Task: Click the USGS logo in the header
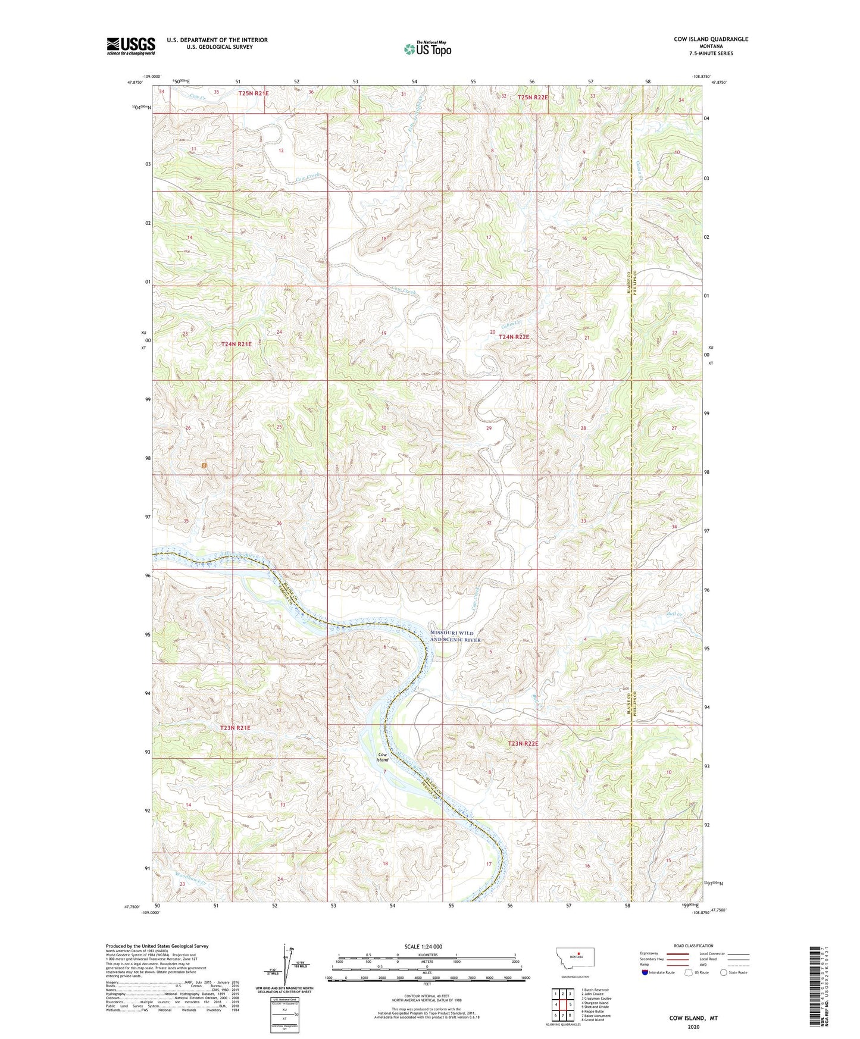(130, 46)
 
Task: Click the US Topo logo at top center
(427, 49)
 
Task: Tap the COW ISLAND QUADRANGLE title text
(711, 39)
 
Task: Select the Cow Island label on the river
(382, 757)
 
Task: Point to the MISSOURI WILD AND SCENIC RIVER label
(455, 636)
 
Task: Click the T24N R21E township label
(236, 344)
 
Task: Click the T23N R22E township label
(523, 743)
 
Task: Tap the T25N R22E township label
(533, 96)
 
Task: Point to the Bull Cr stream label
(673, 614)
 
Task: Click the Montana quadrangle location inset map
(574, 960)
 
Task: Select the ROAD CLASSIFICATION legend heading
(693, 946)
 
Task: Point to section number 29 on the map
(489, 428)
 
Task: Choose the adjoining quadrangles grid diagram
(562, 1004)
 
